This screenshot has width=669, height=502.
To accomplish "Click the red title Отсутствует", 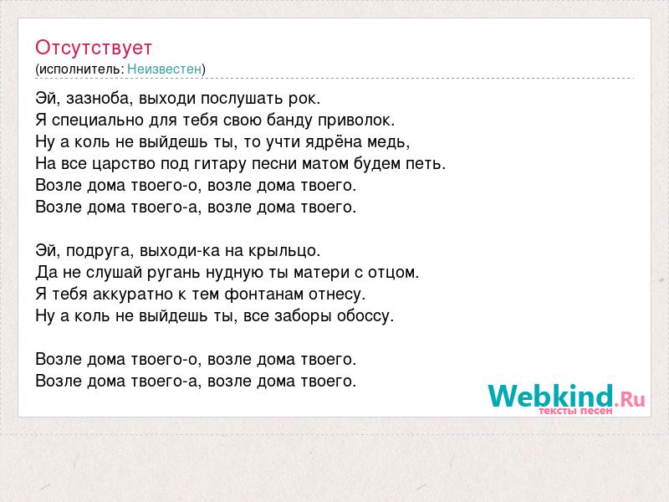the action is [x=94, y=48].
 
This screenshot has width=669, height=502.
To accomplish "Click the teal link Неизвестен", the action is [x=164, y=69].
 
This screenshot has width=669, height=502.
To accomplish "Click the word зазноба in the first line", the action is [x=97, y=99].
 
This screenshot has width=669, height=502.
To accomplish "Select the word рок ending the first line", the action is [x=304, y=100].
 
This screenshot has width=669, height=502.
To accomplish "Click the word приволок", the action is [x=356, y=120].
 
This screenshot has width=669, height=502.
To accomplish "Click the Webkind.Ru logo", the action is [x=566, y=399].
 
